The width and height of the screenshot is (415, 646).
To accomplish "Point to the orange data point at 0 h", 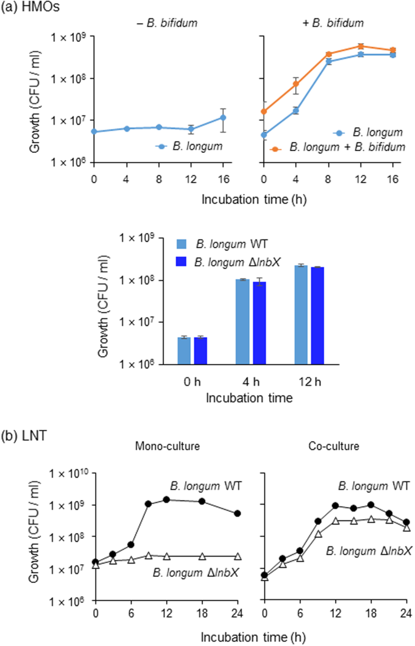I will tap(264, 112).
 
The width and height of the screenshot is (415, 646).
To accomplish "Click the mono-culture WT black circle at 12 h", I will tap(167, 499).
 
